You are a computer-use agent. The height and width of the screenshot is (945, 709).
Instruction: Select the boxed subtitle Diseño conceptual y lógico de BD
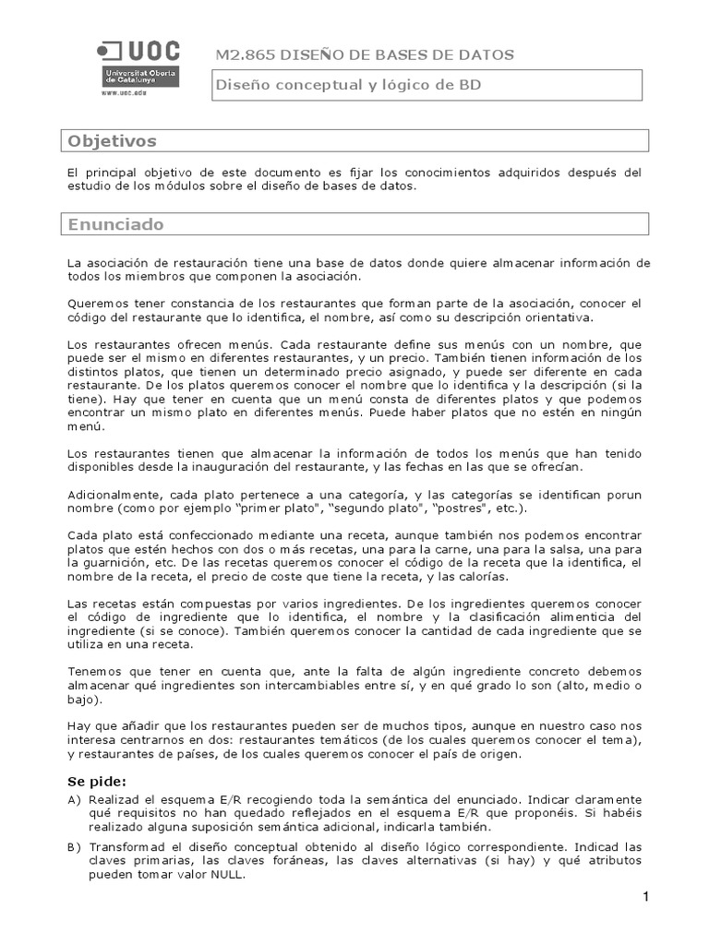(348, 85)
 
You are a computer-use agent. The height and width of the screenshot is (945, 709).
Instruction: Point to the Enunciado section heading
(116, 224)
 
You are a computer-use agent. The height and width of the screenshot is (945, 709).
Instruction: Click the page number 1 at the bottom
(647, 898)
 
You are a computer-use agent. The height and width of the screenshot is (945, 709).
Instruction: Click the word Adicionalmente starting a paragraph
(111, 495)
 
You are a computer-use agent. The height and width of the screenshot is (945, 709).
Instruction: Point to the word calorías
(482, 577)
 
